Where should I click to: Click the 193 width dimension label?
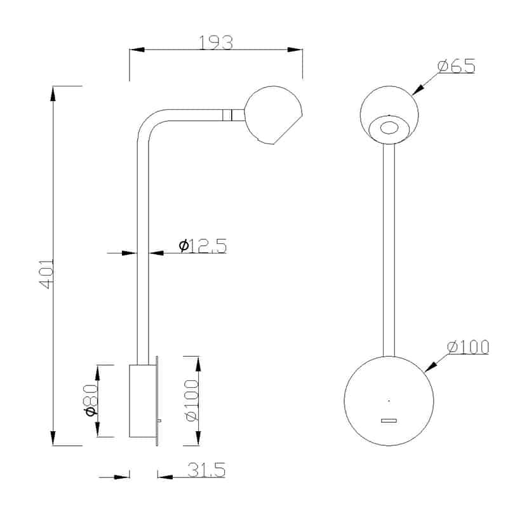click(216, 43)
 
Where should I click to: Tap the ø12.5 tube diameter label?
click(203, 245)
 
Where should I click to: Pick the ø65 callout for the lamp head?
click(456, 66)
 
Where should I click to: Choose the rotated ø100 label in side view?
click(190, 401)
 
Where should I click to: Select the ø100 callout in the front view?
click(467, 347)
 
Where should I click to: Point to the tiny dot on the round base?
click(389, 400)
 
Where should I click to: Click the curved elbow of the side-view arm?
click(147, 124)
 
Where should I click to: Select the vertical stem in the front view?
click(389, 248)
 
